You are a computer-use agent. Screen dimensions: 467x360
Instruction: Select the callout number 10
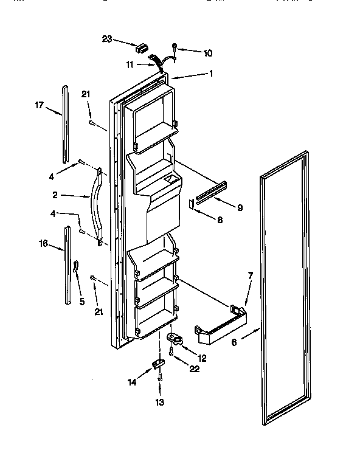pos(207,54)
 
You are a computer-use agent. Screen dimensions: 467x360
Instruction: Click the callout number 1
pos(212,74)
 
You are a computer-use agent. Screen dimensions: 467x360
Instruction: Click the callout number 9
pos(240,207)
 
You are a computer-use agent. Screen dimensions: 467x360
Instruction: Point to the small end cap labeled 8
pos(192,204)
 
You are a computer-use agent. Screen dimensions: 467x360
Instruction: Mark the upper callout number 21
pos(86,94)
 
